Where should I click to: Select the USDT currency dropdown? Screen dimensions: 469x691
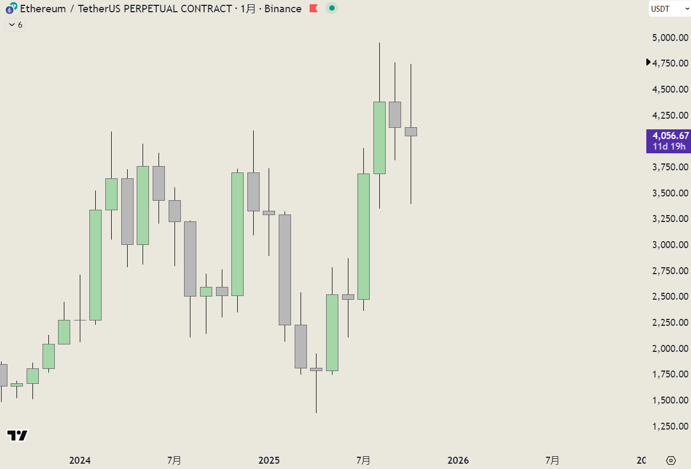[669, 9]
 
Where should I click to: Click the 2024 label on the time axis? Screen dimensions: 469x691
[80, 460]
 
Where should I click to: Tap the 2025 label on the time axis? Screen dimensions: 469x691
[269, 460]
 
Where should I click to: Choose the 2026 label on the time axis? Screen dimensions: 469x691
[458, 460]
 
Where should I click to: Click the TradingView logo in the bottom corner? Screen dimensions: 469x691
[17, 435]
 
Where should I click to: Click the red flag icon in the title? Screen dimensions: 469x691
[314, 9]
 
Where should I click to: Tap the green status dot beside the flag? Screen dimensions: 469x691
[331, 9]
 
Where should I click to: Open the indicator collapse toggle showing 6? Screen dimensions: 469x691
[15, 25]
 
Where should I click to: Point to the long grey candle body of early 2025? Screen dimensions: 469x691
[285, 269]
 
